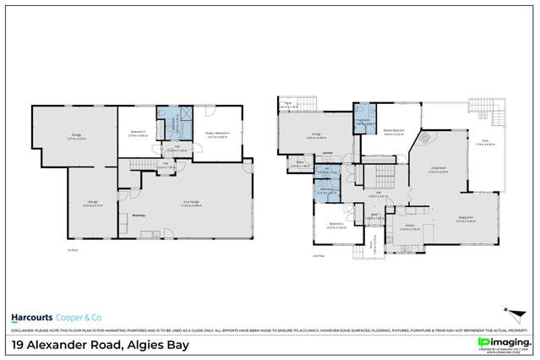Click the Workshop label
140,215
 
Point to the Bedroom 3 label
139,131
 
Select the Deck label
487,141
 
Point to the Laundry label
327,154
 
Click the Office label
300,163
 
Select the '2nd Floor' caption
319,255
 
